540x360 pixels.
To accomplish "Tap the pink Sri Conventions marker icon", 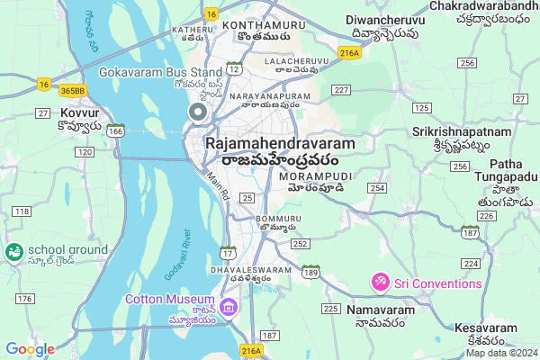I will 381,283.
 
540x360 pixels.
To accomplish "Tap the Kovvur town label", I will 79,113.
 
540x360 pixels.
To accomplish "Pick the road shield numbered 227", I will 341,89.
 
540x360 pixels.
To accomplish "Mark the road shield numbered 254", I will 377,188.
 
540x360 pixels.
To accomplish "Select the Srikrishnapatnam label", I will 462,131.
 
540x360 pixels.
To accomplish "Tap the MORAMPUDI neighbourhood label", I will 315,177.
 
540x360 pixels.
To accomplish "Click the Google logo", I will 30,349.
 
